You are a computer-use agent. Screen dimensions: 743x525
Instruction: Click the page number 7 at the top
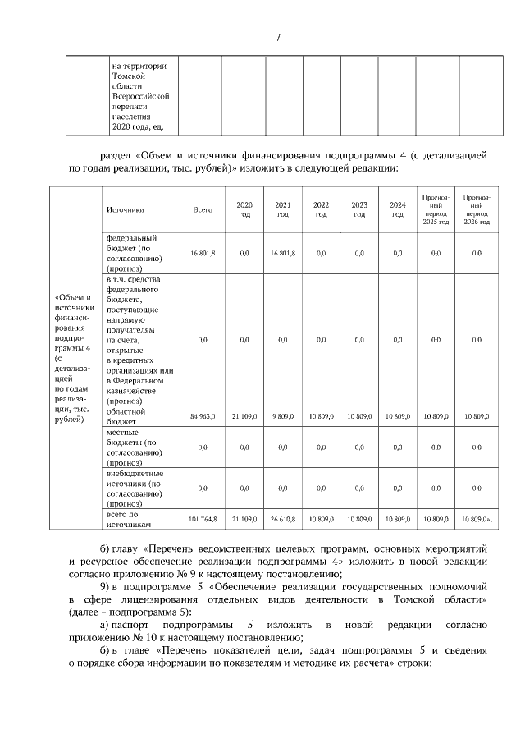(x=277, y=38)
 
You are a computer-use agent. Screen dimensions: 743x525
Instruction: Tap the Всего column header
(x=203, y=209)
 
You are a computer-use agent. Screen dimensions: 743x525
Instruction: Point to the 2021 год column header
(x=283, y=209)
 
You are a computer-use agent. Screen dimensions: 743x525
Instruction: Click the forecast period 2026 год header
(x=477, y=209)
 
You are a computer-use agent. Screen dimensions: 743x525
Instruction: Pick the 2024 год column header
(x=397, y=209)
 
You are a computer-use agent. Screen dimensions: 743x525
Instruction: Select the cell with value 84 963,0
(x=203, y=416)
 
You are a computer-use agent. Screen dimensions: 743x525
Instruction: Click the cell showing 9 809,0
(x=283, y=416)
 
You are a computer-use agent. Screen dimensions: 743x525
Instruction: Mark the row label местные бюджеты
(x=135, y=447)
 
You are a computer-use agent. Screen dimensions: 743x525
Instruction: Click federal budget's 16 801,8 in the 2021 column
(x=283, y=255)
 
